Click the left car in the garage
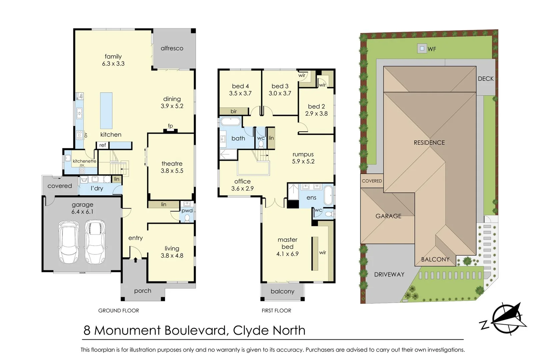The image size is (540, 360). pyautogui.click(x=69, y=242)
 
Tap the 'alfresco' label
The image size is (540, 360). pyautogui.click(x=172, y=48)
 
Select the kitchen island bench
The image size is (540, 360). pyautogui.click(x=106, y=111)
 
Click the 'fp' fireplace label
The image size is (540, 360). pyautogui.click(x=170, y=126)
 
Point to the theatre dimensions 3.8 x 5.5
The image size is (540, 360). pyautogui.click(x=172, y=171)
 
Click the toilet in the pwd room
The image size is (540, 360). pyautogui.click(x=187, y=218)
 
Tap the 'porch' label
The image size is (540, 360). pyautogui.click(x=143, y=291)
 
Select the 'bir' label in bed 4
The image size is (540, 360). pyautogui.click(x=234, y=111)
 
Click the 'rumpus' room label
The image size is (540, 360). pyautogui.click(x=303, y=154)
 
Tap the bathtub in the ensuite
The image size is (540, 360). pyautogui.click(x=328, y=195)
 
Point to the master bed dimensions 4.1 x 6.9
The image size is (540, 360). pyautogui.click(x=287, y=254)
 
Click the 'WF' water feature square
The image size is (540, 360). pyautogui.click(x=422, y=49)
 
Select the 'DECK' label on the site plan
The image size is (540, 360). pyautogui.click(x=486, y=79)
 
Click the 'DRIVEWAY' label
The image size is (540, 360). pyautogui.click(x=389, y=274)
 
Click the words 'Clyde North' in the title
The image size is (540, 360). pyautogui.click(x=269, y=330)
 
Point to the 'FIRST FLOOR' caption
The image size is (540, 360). pyautogui.click(x=276, y=311)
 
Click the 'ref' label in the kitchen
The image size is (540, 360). pyautogui.click(x=102, y=145)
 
